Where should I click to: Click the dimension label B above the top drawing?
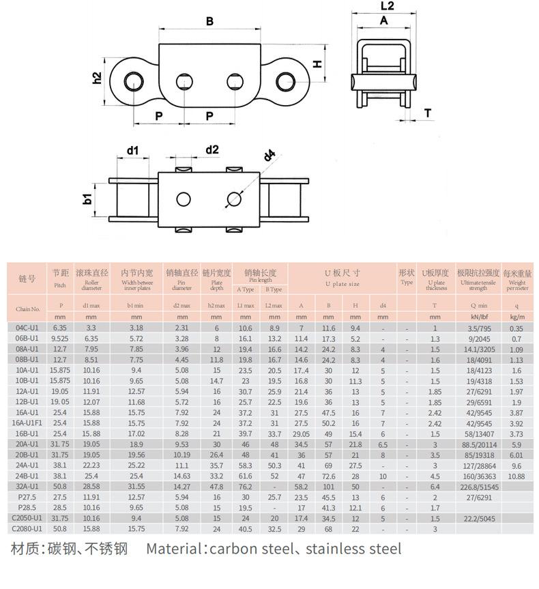click(209, 21)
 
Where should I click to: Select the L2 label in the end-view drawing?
click(386, 6)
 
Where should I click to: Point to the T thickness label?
click(428, 113)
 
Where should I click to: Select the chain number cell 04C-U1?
click(27, 328)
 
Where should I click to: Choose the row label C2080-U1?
click(27, 528)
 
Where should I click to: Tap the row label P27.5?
click(27, 497)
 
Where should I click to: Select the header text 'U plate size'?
click(342, 283)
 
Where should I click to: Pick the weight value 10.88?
click(516, 476)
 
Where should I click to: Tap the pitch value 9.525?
click(60, 339)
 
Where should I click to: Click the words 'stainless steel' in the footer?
click(353, 549)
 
